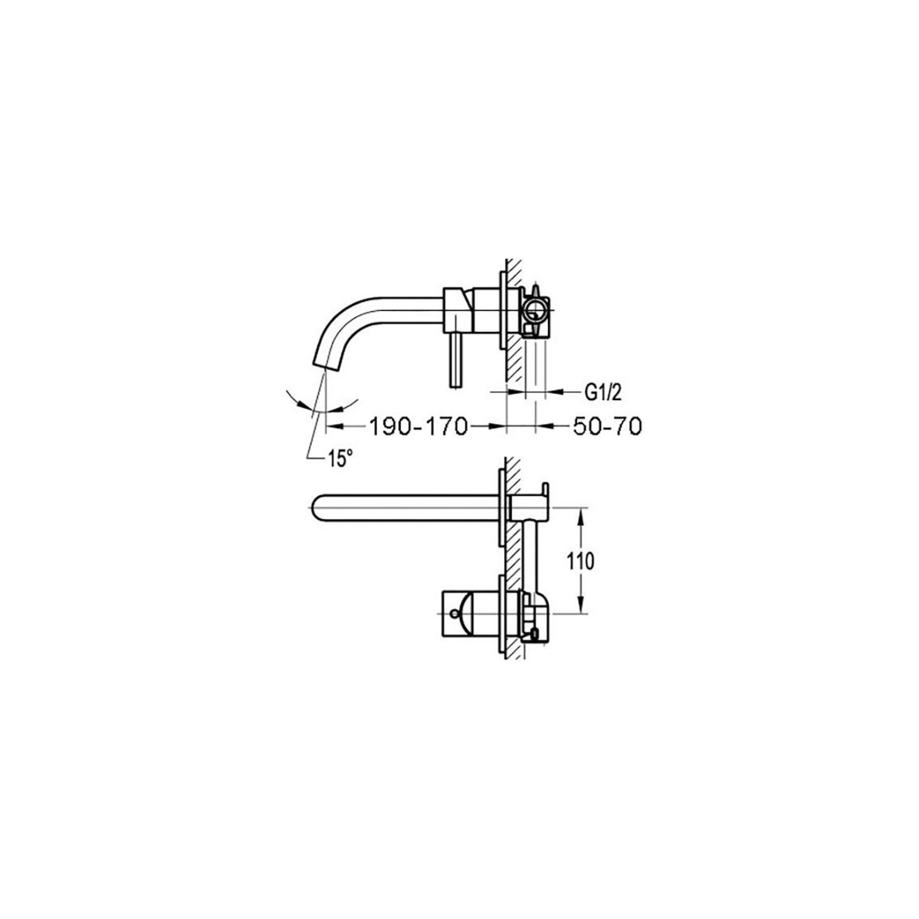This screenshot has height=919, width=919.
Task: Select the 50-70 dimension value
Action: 607,426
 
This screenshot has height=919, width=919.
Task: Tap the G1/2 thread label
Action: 603,392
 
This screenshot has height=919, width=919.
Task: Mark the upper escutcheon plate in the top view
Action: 501,507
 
